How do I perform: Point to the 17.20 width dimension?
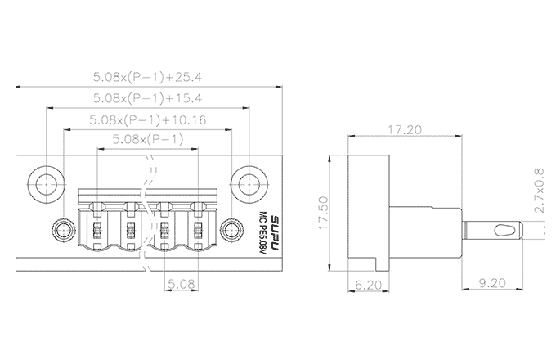(x=406, y=130)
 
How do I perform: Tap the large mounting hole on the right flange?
(x=248, y=182)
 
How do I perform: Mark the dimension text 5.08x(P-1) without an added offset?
(x=147, y=141)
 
